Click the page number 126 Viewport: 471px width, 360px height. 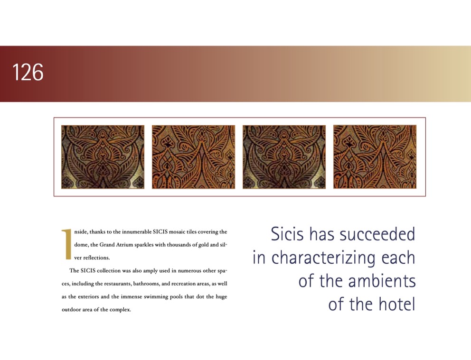(x=28, y=72)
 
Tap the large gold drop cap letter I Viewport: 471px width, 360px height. (x=66, y=244)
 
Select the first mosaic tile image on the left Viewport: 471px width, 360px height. (x=103, y=157)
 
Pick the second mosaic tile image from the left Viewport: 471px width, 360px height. (x=193, y=157)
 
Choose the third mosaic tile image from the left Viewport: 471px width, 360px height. (x=284, y=157)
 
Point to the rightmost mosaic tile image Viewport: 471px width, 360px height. (x=375, y=157)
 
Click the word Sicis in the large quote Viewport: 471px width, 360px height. (x=287, y=234)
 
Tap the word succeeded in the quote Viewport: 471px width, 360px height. (x=377, y=234)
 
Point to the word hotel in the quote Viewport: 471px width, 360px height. (x=397, y=304)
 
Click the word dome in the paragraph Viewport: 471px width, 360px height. (x=81, y=244)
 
